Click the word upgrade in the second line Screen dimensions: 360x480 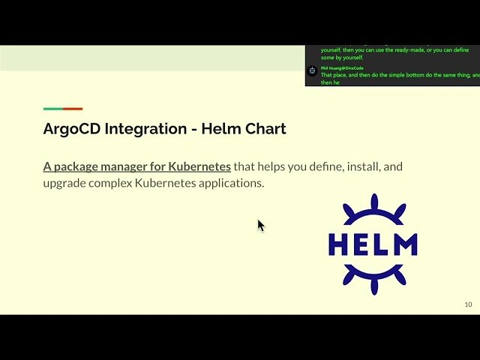[66, 183]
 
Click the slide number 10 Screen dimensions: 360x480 [468, 304]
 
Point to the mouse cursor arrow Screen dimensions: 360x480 [260, 224]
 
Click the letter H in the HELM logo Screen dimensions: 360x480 [339, 244]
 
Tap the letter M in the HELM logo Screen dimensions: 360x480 [404, 244]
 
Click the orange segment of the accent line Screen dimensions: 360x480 [73, 109]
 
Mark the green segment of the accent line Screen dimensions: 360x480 [52, 109]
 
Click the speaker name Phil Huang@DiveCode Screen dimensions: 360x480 [342, 68]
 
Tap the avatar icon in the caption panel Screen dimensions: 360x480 [312, 70]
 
